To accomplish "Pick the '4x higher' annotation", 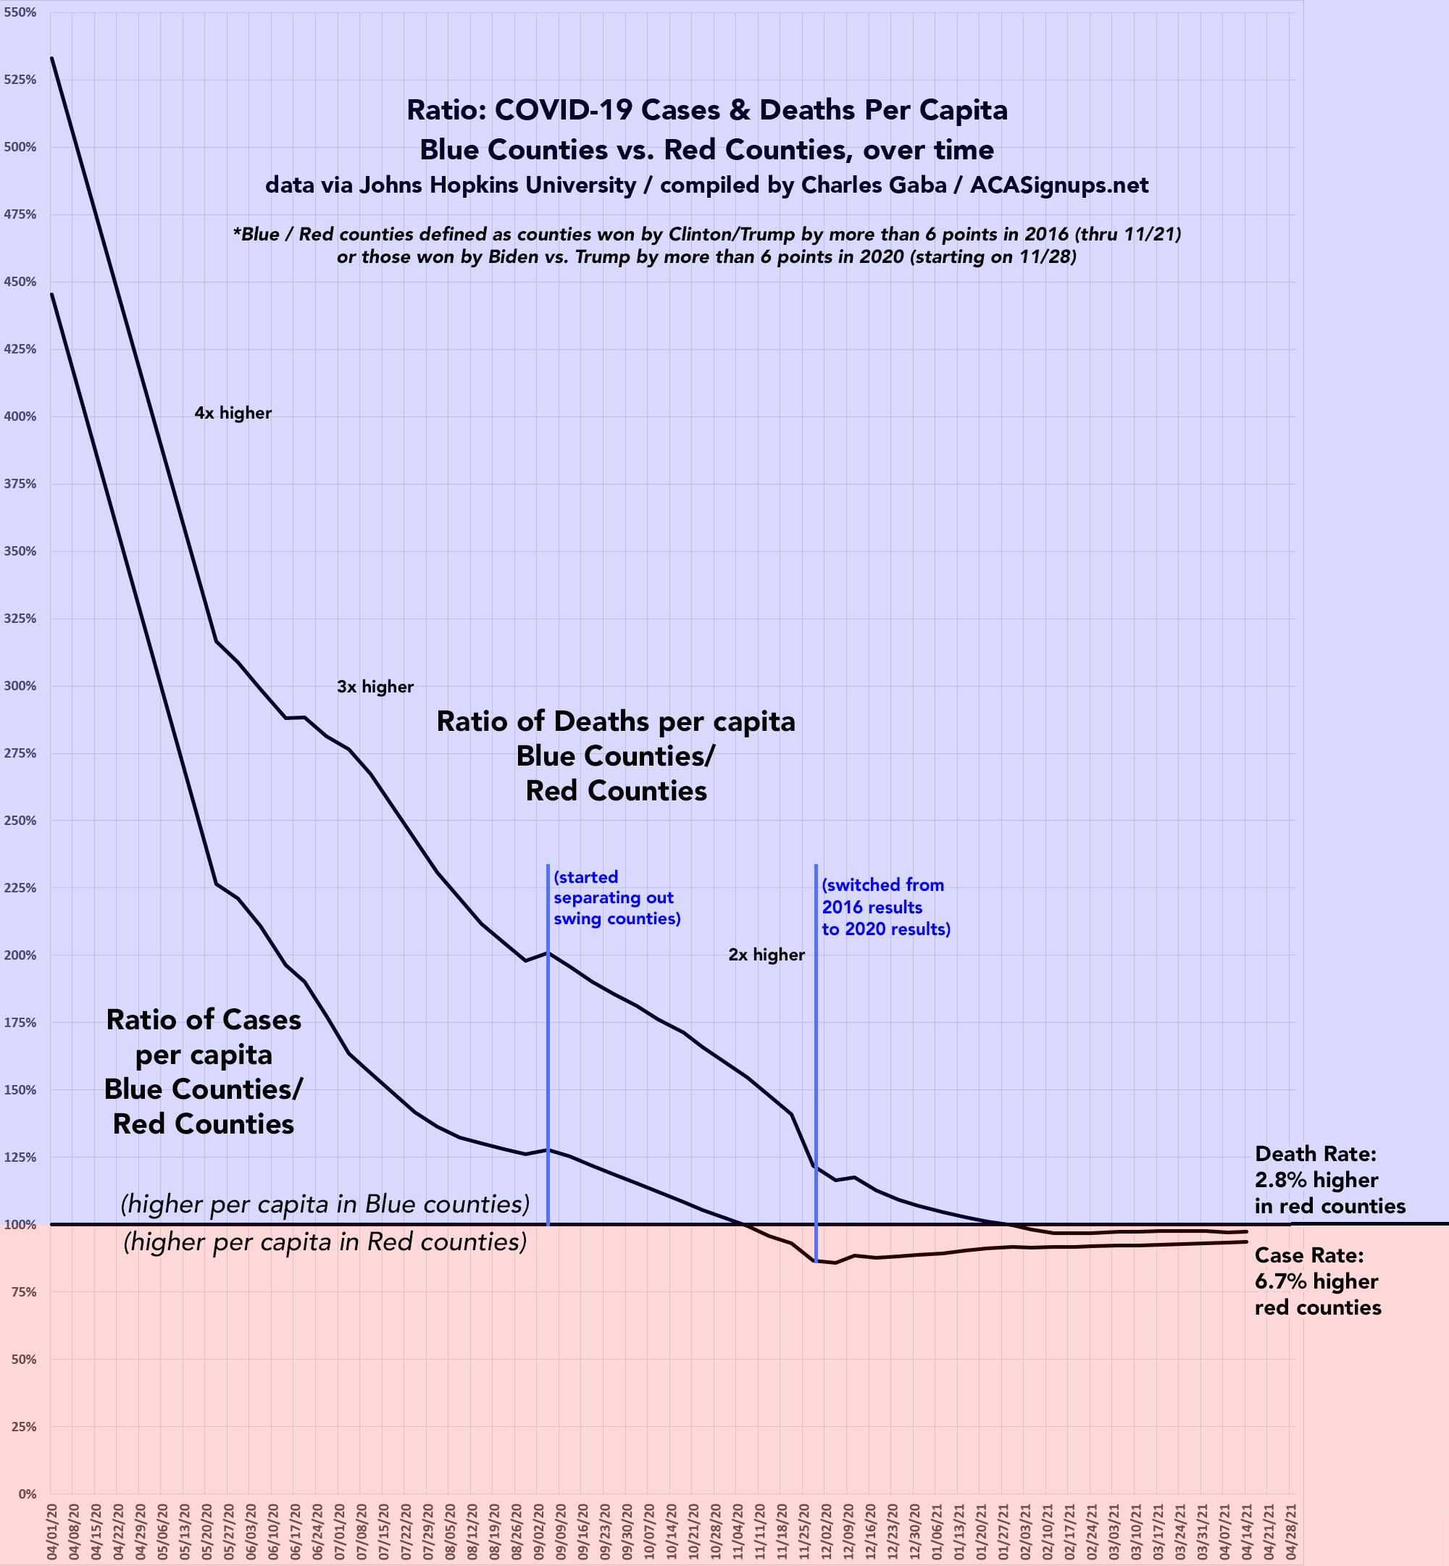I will pos(233,413).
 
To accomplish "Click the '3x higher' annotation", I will pos(375,687).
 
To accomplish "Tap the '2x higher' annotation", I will pos(766,955).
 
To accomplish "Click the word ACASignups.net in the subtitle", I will pos(1058,185).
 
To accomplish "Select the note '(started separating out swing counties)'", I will pos(617,897).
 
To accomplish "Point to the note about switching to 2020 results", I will pos(885,907).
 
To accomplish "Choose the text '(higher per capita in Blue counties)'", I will pos(325,1204).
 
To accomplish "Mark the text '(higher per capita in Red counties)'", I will pos(325,1242).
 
